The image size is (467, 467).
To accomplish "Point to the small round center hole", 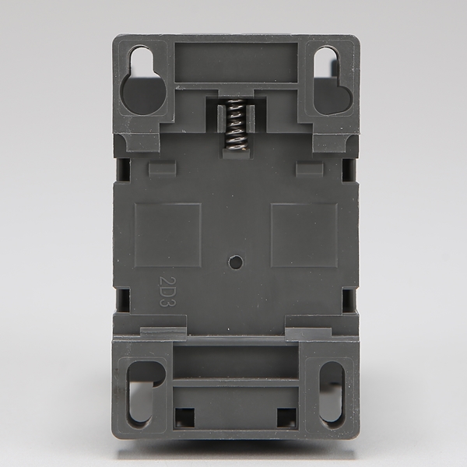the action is [x=236, y=262].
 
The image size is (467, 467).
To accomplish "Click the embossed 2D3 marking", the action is [x=167, y=292].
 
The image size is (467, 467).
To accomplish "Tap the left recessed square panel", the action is [x=167, y=235].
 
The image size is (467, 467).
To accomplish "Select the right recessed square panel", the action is [x=304, y=235].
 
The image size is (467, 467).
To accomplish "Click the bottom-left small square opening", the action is [x=184, y=417].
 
